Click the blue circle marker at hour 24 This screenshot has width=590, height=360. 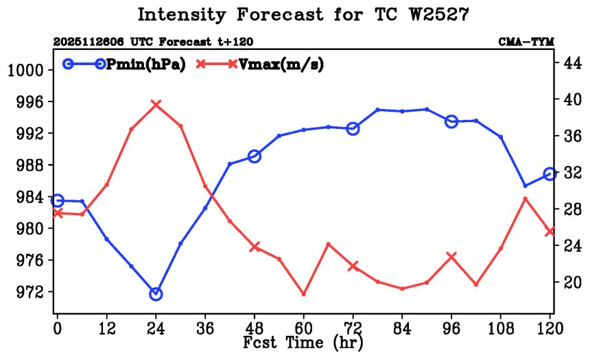[156, 293]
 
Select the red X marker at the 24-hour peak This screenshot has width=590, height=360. [156, 104]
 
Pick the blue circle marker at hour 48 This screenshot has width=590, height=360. [255, 156]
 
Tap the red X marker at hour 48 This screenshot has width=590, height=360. [255, 247]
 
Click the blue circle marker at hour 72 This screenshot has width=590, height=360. [353, 128]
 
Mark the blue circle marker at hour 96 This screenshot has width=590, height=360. [451, 121]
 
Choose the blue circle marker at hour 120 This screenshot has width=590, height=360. [550, 174]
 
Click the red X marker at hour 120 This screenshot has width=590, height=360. [550, 232]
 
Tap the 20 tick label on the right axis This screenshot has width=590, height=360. [571, 282]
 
